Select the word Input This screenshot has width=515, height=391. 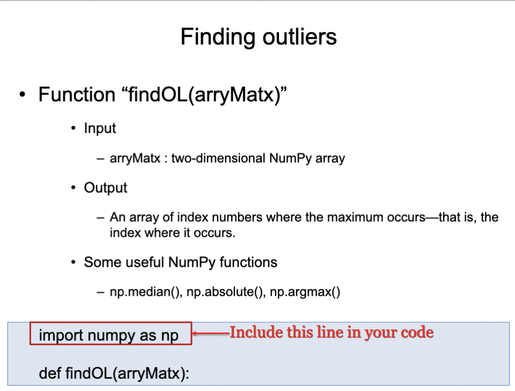[x=100, y=129]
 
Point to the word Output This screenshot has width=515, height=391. [x=105, y=188]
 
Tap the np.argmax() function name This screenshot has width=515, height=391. [x=305, y=293]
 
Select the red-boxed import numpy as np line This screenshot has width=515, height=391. [x=111, y=336]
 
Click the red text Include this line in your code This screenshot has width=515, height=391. [x=331, y=332]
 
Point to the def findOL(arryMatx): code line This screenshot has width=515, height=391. [x=114, y=373]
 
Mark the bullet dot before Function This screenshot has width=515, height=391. [x=22, y=95]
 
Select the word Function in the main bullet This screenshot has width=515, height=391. [x=76, y=95]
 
